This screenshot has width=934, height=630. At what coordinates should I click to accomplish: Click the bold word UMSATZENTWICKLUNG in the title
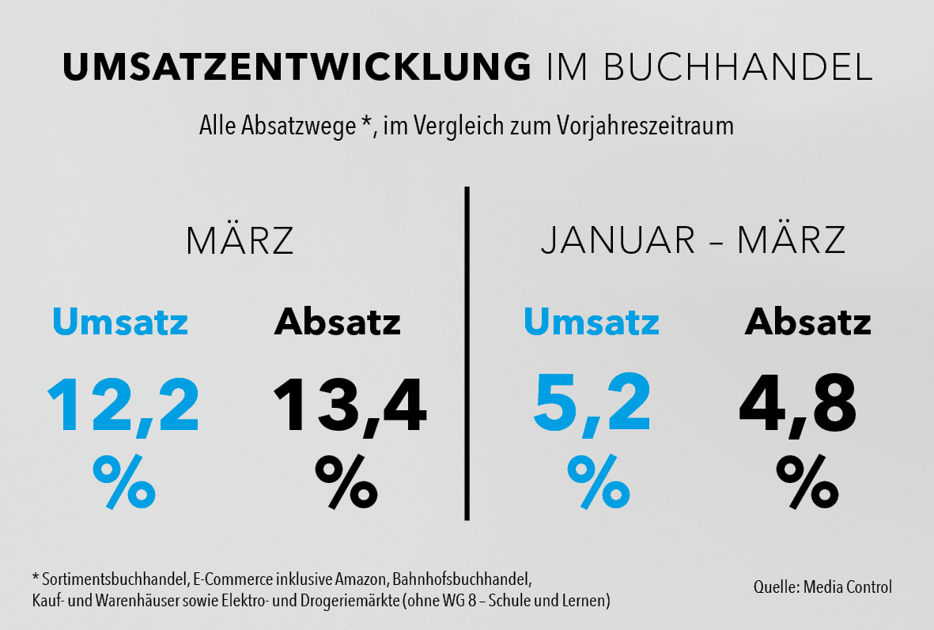297,68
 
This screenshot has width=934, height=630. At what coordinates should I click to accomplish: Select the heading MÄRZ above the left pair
240,241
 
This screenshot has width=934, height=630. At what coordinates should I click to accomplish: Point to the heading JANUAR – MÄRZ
693,241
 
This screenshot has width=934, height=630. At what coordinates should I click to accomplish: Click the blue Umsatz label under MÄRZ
120,323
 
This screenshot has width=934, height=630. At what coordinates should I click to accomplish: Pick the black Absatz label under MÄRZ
338,323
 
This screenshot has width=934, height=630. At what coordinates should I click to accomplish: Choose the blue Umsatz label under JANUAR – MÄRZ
592,323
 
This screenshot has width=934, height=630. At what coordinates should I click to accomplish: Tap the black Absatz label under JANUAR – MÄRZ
807,323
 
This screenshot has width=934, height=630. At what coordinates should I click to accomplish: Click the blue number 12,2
123,406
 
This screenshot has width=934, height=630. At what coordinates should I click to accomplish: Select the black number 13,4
350,406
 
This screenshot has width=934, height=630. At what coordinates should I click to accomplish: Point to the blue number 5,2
592,406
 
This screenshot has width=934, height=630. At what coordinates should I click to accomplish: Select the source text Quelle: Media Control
822,587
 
